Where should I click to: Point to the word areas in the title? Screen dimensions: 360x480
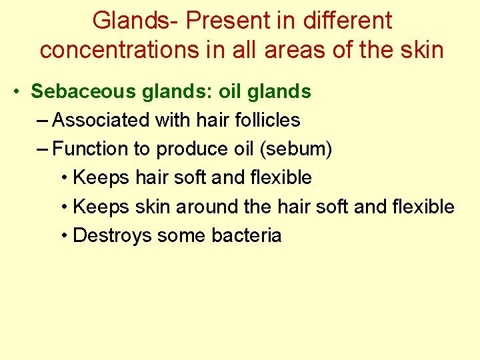tap(300, 49)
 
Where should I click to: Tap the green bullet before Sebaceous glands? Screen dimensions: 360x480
tap(17, 92)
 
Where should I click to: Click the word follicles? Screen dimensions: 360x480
tap(265, 121)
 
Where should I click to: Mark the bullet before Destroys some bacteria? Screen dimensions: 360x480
tap(64, 236)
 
